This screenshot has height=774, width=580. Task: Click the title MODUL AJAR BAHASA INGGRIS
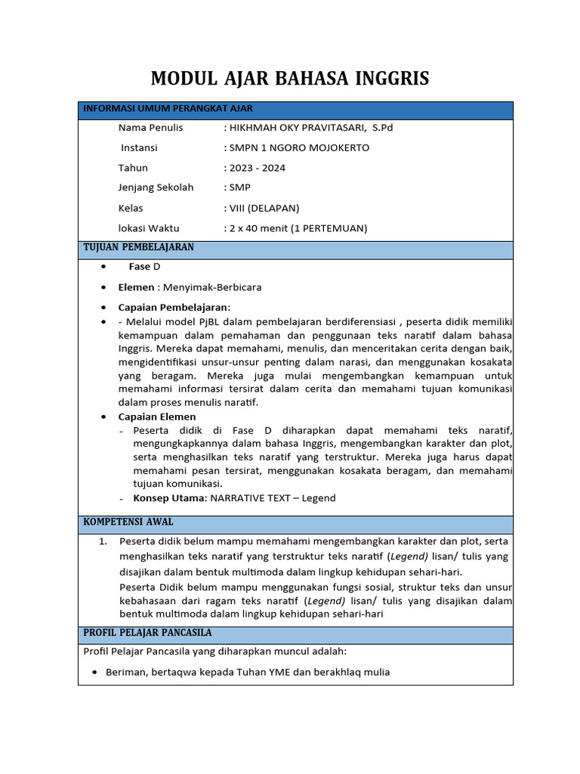(290, 78)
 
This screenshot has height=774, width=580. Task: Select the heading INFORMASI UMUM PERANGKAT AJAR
(168, 109)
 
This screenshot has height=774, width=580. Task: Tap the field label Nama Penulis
(150, 128)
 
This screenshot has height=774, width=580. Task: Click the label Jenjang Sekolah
(156, 187)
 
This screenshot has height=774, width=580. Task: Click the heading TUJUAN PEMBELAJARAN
(138, 248)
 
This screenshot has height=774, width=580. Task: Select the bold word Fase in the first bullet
(140, 267)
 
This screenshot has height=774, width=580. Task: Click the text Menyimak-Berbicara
(212, 287)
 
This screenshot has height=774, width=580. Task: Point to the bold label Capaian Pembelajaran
(173, 307)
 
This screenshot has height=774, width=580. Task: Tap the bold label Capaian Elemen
(157, 416)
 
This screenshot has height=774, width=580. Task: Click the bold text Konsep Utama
(169, 498)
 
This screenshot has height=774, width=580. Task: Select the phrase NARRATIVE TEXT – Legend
(273, 498)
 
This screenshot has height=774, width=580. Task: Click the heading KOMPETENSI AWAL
(128, 522)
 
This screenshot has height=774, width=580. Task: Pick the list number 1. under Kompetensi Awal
(103, 541)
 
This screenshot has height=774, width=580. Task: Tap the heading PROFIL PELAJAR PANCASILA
(147, 633)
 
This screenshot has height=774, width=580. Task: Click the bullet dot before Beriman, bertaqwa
(94, 672)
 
